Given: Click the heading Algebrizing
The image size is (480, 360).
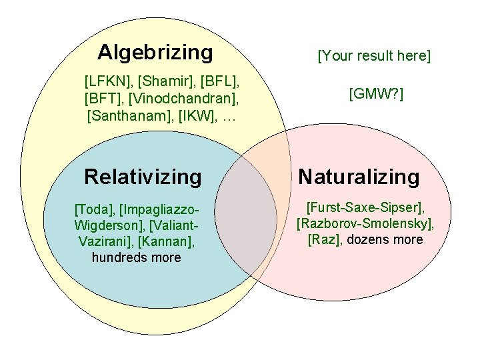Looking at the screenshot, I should click(x=155, y=52).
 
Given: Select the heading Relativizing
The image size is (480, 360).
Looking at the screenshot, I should click(x=143, y=177).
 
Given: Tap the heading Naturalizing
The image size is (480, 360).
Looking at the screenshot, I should click(x=359, y=177).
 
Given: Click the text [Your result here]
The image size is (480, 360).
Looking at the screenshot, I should click(x=375, y=56).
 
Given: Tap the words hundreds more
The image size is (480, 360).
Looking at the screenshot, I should click(x=137, y=257).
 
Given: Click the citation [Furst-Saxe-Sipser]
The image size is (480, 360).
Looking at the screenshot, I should click(x=365, y=208).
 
